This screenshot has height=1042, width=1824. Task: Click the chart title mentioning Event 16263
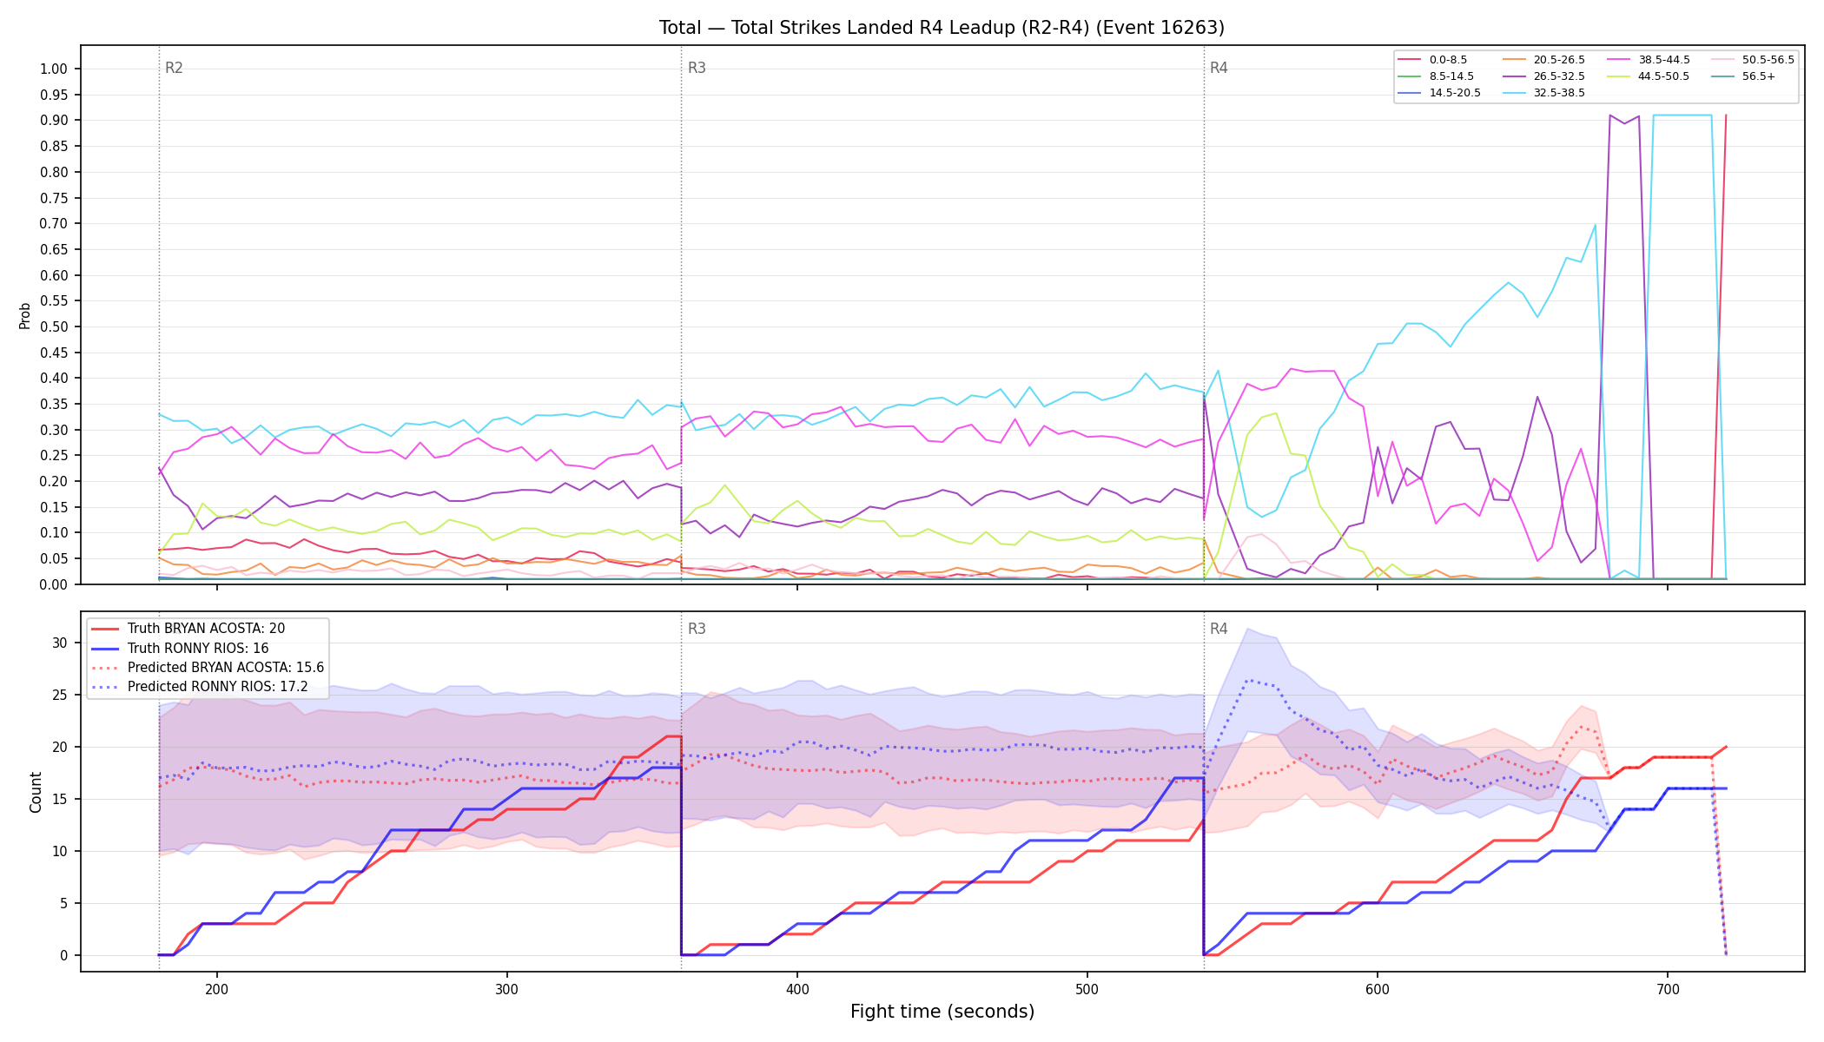tap(942, 28)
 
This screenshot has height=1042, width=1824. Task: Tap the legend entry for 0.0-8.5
tap(1433, 60)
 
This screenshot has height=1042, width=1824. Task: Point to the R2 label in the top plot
tap(174, 68)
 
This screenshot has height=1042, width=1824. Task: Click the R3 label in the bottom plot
tap(697, 629)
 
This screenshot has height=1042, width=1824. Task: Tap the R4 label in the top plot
tap(1219, 68)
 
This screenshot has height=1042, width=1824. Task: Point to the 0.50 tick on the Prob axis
tap(54, 327)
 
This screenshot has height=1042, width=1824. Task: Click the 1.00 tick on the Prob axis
tap(54, 69)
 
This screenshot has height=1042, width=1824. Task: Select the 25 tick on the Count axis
tap(60, 696)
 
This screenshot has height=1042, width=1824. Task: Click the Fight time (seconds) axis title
tap(942, 1012)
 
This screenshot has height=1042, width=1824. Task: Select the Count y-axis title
tap(36, 792)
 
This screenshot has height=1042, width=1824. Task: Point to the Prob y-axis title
tap(24, 315)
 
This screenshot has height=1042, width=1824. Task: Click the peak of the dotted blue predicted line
tap(1248, 681)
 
